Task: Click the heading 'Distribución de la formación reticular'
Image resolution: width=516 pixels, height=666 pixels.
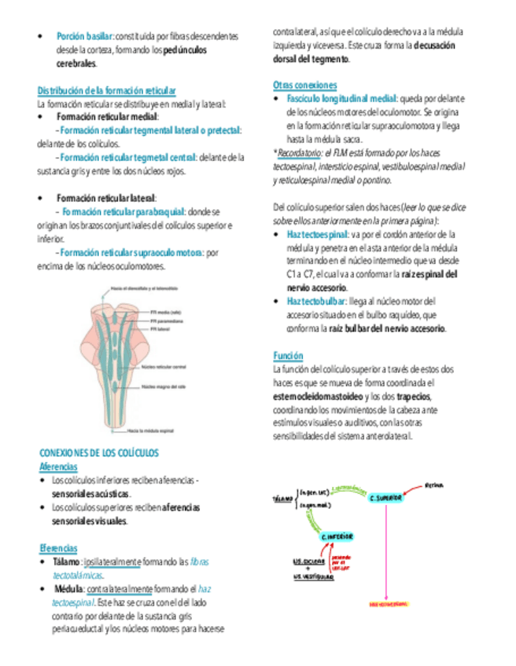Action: (107, 91)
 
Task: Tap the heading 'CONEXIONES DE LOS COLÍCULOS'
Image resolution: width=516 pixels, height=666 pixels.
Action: (99, 454)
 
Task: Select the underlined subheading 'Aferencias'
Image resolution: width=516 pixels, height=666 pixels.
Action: (58, 467)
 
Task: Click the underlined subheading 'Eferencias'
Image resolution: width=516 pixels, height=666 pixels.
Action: (58, 547)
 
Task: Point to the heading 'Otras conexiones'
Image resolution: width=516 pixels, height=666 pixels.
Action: (305, 85)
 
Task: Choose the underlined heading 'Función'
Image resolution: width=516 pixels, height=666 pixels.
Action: (287, 356)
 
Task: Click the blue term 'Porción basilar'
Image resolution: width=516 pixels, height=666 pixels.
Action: (85, 36)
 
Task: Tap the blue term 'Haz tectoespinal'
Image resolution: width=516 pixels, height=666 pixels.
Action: (317, 234)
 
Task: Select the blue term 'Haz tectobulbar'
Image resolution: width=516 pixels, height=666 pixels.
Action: (317, 301)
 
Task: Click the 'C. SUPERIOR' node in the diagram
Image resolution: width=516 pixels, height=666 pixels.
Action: (385, 498)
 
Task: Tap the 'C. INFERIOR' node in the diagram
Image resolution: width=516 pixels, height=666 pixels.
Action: (336, 536)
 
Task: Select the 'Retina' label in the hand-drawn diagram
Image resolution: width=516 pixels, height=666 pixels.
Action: (435, 485)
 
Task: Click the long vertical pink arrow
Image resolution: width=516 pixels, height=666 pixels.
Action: (386, 550)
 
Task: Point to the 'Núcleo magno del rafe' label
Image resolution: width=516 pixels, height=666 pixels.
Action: (164, 386)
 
